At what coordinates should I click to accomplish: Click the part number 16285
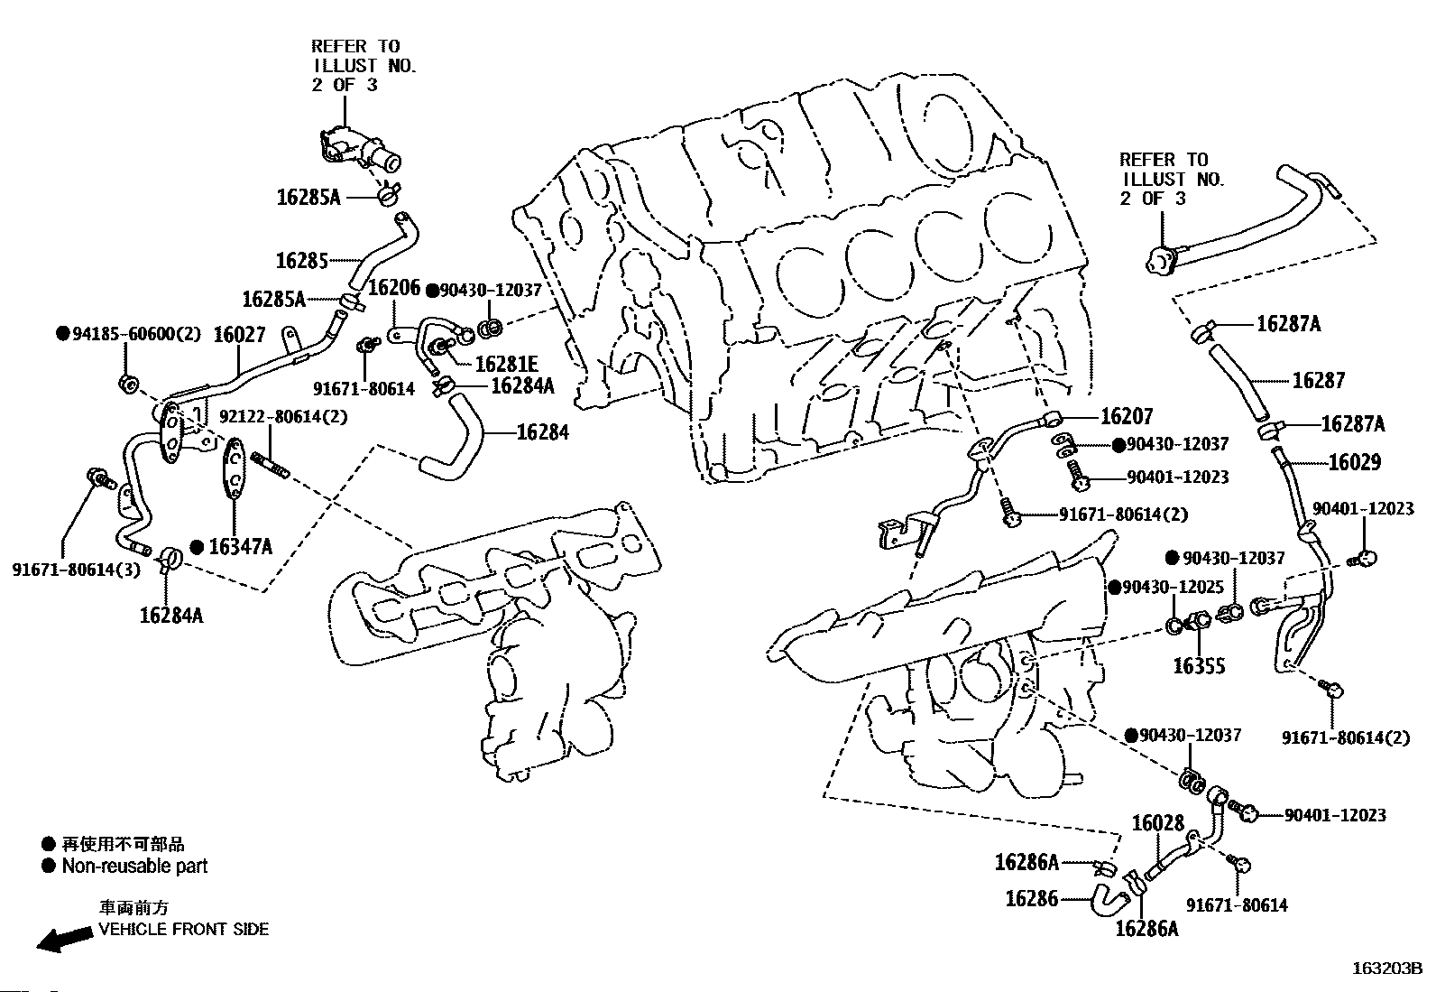301,261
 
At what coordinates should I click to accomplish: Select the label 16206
394,287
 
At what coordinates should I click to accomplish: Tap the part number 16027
239,334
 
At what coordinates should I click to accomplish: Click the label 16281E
506,365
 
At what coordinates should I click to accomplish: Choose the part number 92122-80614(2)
283,417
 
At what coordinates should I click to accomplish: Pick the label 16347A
241,547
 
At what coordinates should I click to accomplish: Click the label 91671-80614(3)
77,570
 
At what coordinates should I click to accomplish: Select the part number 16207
1127,416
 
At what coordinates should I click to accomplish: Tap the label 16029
1355,462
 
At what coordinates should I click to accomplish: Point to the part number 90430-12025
1173,587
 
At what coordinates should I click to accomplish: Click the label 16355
1199,666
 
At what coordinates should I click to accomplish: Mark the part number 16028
1158,822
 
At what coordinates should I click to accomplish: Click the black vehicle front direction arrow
64,938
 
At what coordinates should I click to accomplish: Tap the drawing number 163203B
1387,969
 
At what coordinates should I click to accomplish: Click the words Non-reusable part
134,867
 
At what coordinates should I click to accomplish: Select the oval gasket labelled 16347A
235,468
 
